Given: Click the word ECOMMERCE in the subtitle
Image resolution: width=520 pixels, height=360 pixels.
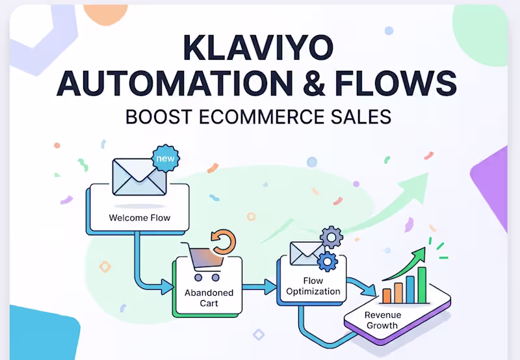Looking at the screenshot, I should click(x=263, y=117).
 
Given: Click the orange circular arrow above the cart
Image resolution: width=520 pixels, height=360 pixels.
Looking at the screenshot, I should click(x=224, y=242).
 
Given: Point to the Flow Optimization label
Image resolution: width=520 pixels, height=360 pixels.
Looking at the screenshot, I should click(x=313, y=286).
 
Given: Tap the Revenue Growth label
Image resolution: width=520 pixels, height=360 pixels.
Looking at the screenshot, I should click(x=383, y=320).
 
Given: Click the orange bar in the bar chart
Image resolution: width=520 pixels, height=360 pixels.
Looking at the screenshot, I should click(x=386, y=296).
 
